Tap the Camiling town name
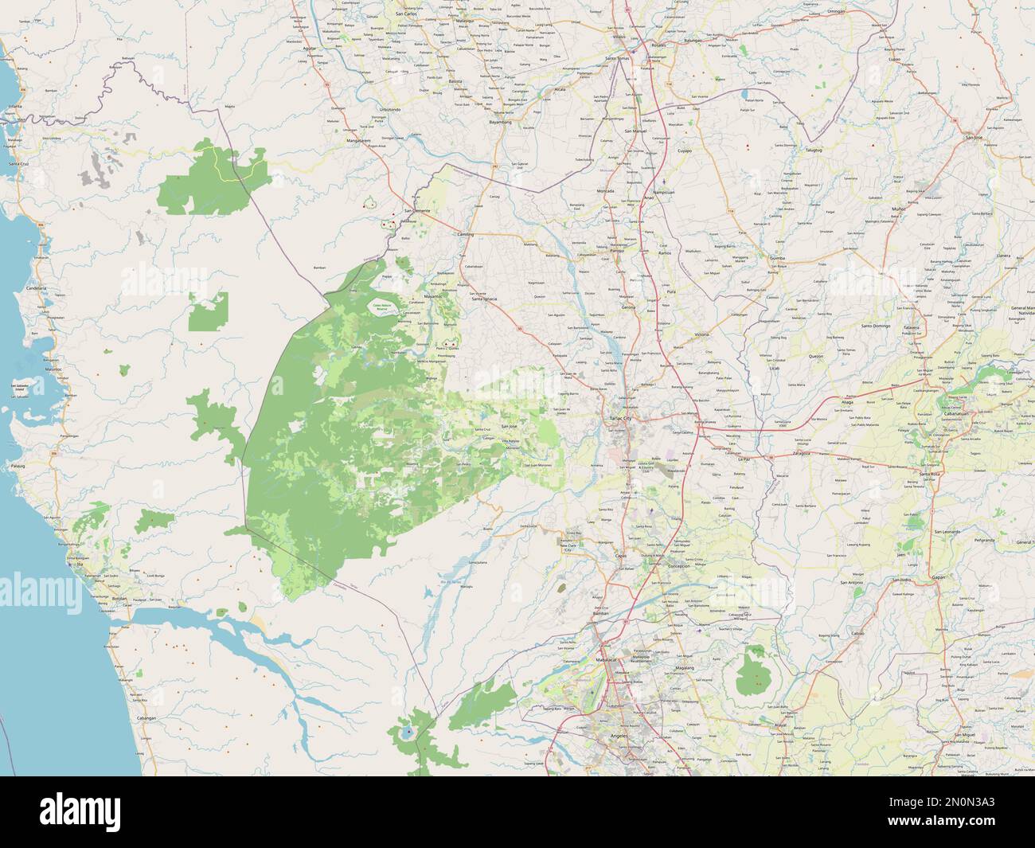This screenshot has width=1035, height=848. tap(465, 236)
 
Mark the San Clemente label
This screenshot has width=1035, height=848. tap(416, 210)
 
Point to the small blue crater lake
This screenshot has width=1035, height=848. tap(408, 730)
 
